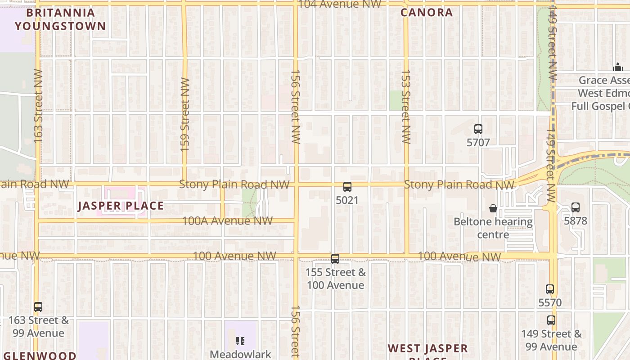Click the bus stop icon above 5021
click(347, 187)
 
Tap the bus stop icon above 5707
click(478, 129)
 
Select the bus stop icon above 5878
click(575, 207)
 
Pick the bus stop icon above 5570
click(549, 289)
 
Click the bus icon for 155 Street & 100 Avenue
click(335, 259)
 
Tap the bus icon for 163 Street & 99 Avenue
click(38, 307)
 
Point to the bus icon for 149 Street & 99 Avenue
click(551, 320)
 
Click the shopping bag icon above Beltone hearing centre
click(493, 208)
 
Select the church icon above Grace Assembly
click(617, 67)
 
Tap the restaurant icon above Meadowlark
click(240, 341)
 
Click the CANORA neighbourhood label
click(427, 13)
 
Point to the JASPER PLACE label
click(121, 206)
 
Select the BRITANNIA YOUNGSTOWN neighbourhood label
click(60, 19)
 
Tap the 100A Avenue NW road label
click(227, 221)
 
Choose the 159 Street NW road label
click(184, 114)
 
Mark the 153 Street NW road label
click(406, 107)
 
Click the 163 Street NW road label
click(38, 106)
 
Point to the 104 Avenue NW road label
click(340, 4)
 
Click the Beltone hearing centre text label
click(493, 228)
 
